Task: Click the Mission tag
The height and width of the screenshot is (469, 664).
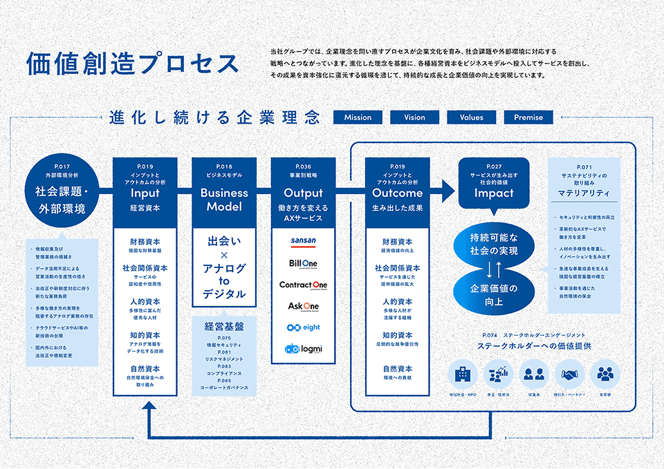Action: (x=358, y=117)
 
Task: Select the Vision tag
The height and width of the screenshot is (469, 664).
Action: (x=415, y=117)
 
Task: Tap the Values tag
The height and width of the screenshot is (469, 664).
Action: (x=472, y=117)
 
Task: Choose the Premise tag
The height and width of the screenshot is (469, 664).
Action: (x=528, y=117)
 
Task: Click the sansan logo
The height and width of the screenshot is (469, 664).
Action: (x=303, y=241)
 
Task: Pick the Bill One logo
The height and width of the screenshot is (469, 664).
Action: (x=303, y=263)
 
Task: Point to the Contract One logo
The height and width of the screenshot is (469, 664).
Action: (x=303, y=285)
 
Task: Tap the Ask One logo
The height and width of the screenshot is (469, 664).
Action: (x=303, y=306)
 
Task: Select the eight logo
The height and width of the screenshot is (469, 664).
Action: (x=303, y=327)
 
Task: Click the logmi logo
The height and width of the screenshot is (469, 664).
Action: (x=303, y=349)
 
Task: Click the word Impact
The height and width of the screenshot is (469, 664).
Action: (x=494, y=193)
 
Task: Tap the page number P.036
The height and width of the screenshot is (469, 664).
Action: (x=303, y=166)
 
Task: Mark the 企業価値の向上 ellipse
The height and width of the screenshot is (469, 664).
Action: (x=493, y=293)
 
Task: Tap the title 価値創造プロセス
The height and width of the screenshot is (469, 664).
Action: (x=131, y=64)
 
